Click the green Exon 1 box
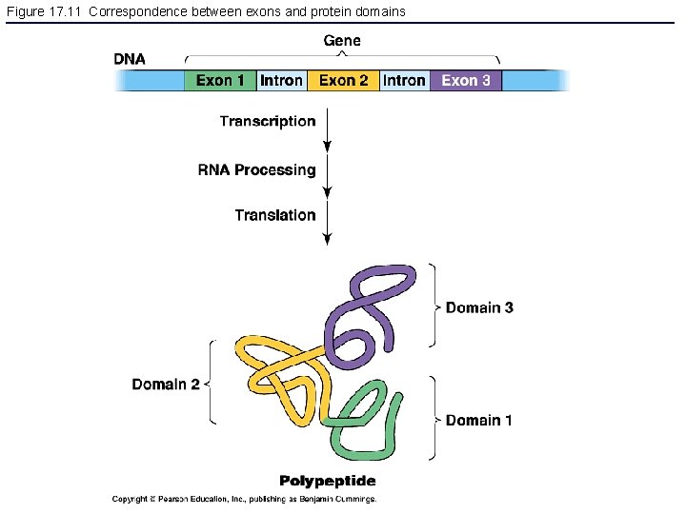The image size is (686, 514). click(220, 81)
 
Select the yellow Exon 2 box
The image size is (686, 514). click(343, 81)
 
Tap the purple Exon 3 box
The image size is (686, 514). click(466, 81)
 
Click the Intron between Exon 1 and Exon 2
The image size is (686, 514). click(282, 81)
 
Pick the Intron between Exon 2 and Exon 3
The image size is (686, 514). click(405, 81)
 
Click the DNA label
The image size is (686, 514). click(130, 59)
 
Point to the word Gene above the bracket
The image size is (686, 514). click(342, 40)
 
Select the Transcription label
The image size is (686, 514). click(268, 121)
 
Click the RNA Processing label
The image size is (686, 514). click(256, 169)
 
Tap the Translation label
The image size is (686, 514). click(275, 215)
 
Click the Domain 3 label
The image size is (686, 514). click(479, 307)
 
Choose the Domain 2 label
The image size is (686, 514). click(166, 385)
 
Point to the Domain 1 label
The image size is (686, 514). click(479, 420)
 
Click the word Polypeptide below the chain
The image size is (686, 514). click(327, 481)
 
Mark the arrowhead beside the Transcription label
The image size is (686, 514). click(328, 147)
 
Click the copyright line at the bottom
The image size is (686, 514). click(244, 499)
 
